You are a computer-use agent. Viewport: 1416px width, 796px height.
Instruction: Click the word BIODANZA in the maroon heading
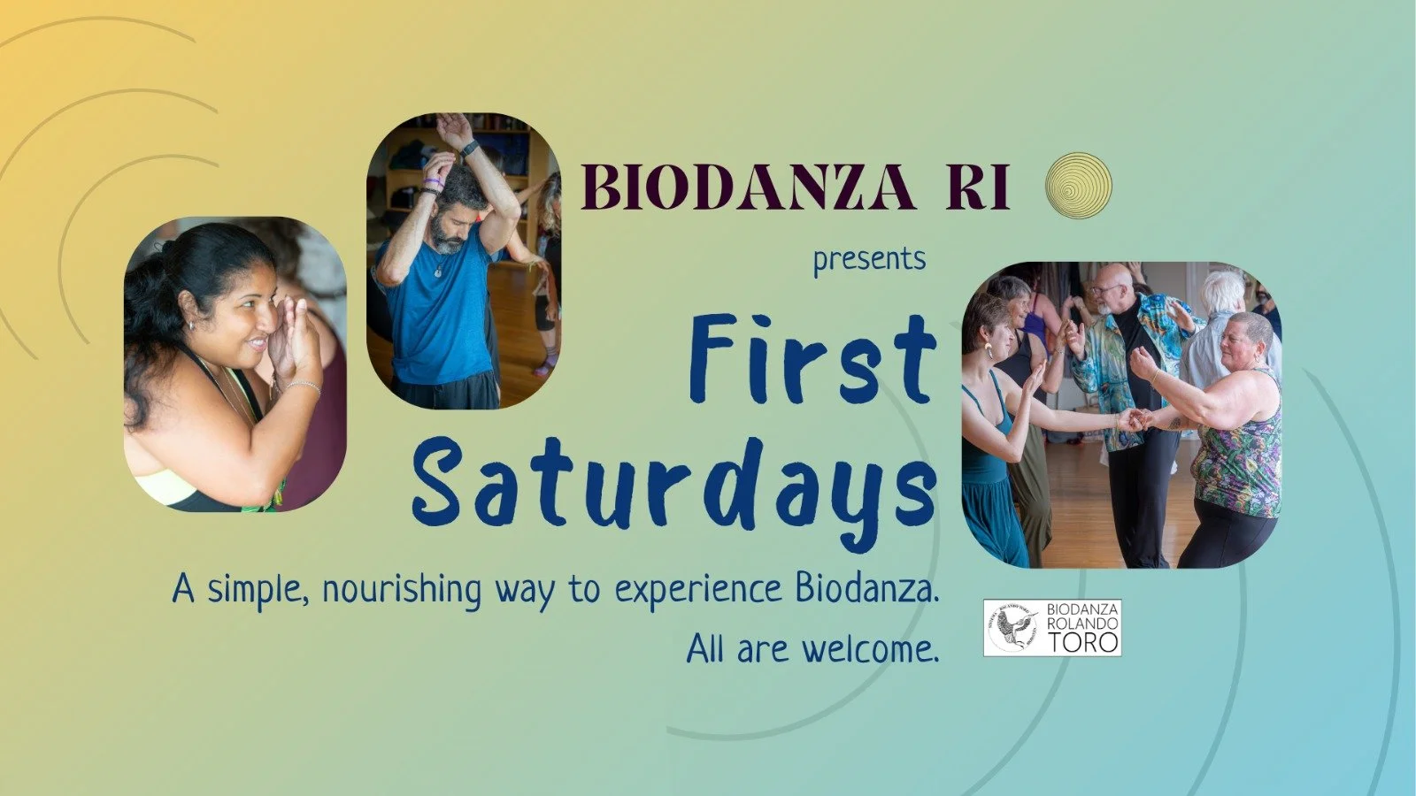click(x=748, y=188)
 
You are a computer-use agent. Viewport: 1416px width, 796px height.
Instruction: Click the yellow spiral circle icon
click(x=1077, y=186)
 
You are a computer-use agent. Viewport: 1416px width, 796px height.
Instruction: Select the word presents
click(x=869, y=260)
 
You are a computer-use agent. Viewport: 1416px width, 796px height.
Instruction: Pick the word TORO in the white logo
click(x=1083, y=643)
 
